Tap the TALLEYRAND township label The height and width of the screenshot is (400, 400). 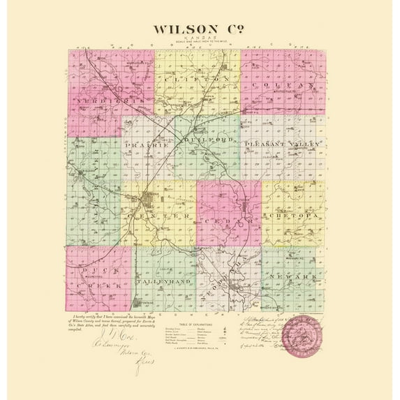click(163, 281)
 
